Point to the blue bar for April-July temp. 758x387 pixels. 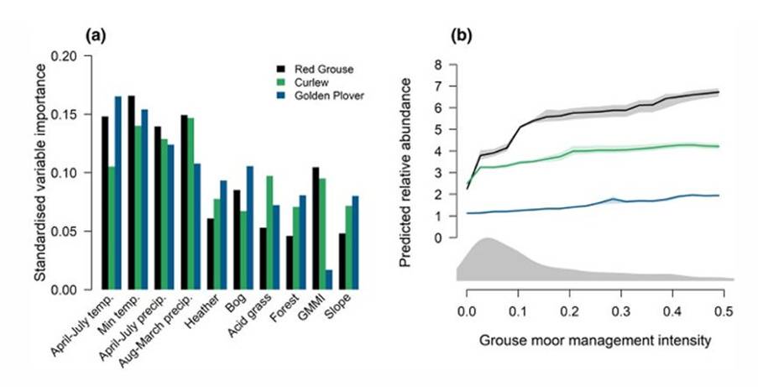pyautogui.click(x=118, y=193)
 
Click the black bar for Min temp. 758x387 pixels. pyautogui.click(x=132, y=193)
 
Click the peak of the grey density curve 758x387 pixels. pyautogui.click(x=486, y=238)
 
